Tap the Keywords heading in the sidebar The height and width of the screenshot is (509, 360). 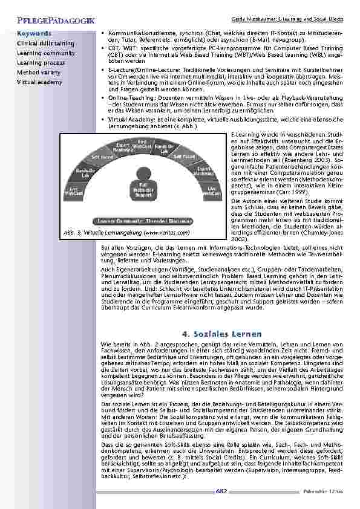click(34, 34)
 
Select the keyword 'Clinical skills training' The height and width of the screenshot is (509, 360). click(45, 44)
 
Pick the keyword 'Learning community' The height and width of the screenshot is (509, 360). click(42, 53)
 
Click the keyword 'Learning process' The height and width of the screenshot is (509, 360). click(37, 62)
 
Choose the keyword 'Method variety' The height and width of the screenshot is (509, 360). click(36, 72)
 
